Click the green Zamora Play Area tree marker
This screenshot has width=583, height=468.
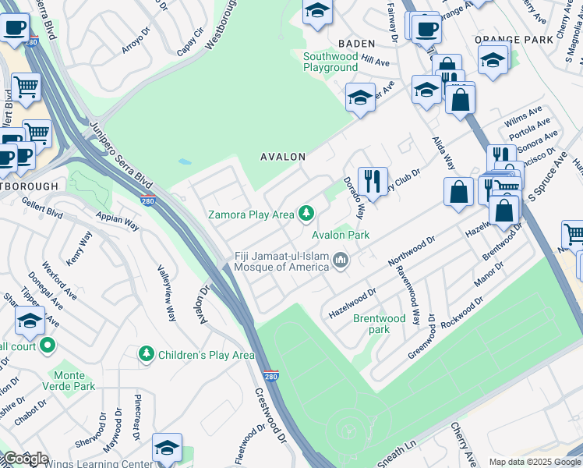(307, 213)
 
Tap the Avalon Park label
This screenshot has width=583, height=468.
(341, 235)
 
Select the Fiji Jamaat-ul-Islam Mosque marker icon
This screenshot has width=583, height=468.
(340, 261)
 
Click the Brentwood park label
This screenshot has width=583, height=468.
(380, 324)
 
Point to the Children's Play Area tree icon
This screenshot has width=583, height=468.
(146, 355)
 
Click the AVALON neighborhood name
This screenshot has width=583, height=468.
(282, 157)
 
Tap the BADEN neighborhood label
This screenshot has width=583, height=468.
(356, 44)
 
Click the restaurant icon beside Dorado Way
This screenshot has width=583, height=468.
(373, 182)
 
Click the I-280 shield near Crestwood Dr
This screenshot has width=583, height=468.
(270, 375)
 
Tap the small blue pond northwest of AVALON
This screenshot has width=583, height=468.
(184, 162)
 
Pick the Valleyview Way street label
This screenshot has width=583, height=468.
(167, 292)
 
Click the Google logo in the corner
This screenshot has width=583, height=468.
(25, 459)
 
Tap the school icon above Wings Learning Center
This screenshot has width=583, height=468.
(167, 448)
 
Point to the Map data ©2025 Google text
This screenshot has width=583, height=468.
(535, 462)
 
